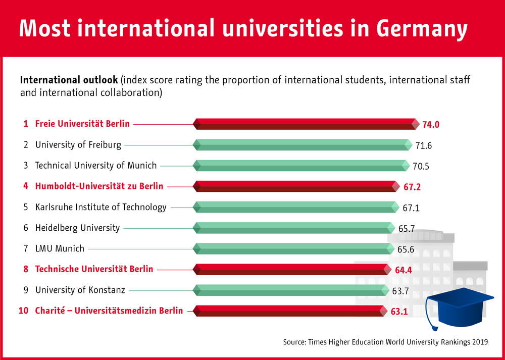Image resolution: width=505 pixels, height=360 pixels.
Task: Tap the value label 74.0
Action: point(430,125)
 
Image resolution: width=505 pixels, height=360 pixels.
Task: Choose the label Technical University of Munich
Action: point(96,166)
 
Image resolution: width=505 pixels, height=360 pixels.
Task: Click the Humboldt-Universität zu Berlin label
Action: point(99,186)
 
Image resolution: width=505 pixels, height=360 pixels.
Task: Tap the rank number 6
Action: point(26,228)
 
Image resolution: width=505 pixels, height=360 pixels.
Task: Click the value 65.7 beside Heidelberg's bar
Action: point(407,229)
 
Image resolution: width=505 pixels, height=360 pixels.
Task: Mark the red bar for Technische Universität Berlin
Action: point(292,269)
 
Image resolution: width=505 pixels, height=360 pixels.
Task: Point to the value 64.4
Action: point(403,270)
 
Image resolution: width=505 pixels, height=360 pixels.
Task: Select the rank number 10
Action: point(23,311)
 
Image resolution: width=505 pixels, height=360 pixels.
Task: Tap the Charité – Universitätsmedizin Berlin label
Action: point(109,311)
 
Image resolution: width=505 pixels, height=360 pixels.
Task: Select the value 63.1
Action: point(399,312)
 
